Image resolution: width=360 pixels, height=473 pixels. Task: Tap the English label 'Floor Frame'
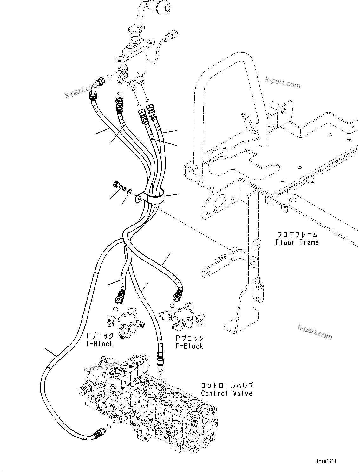pos(297,242)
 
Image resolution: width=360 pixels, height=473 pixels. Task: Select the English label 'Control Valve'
pos(226,393)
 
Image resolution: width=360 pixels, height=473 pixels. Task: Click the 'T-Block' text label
pos(100,344)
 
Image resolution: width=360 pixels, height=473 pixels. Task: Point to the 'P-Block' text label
pos(190,346)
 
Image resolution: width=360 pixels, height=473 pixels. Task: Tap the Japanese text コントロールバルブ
pos(227,386)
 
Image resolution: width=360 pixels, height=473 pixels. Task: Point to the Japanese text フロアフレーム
pos(297,235)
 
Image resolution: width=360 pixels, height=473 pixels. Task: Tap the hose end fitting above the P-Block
pos(177,294)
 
